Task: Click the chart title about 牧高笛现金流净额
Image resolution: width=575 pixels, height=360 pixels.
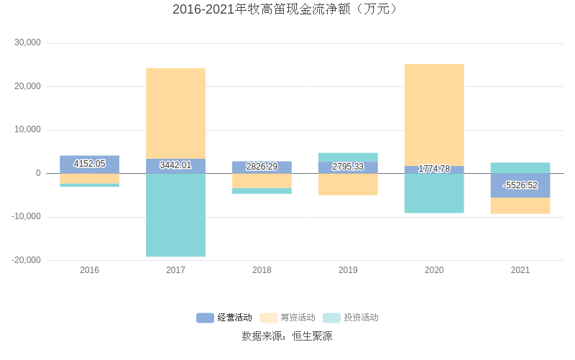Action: [x=287, y=10]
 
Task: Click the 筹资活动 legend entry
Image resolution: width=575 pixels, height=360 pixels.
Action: [x=287, y=318]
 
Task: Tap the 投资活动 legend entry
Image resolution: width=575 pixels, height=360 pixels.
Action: [x=351, y=318]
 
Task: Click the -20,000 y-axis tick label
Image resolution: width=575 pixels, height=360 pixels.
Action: [x=27, y=260]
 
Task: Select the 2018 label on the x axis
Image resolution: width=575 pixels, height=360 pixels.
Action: [x=262, y=270]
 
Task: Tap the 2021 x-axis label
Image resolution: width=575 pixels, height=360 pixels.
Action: [x=520, y=270]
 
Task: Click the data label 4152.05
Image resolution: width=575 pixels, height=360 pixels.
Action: [x=90, y=164]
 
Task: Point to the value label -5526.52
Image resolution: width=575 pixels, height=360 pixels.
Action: [x=520, y=185]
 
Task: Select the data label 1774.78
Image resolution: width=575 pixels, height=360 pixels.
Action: [x=434, y=169]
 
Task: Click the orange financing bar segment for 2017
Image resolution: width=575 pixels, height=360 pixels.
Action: [x=175, y=113]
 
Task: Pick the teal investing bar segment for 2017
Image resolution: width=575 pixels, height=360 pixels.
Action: [x=175, y=215]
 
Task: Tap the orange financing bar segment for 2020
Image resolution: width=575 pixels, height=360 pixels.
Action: [x=434, y=114]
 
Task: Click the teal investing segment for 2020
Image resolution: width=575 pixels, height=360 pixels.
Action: [x=434, y=193]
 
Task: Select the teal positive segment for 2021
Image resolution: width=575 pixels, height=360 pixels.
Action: [x=520, y=167]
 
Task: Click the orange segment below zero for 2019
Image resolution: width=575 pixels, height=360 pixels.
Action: [x=348, y=185]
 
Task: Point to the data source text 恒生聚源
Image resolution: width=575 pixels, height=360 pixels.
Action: [x=312, y=336]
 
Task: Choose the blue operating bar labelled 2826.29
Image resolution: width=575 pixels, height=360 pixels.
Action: [x=262, y=167]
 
